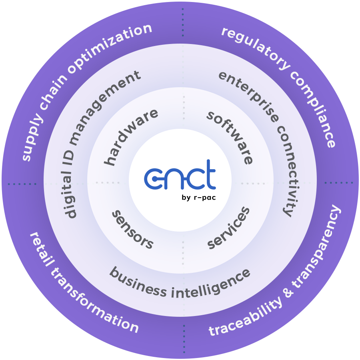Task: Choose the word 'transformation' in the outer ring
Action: [96, 308]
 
